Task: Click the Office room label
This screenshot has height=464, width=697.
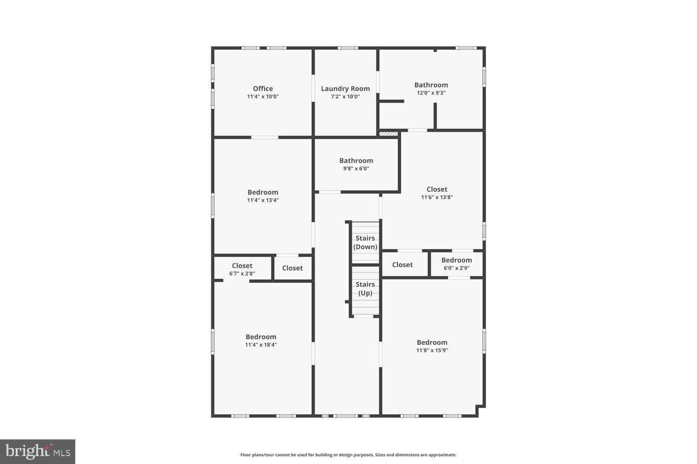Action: point(263,89)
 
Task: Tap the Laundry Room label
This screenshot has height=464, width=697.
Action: point(345,89)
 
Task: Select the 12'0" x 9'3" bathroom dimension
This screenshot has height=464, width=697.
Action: point(431,93)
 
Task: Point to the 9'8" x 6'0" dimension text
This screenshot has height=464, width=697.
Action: point(356,168)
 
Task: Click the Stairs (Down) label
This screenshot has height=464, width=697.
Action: point(365,243)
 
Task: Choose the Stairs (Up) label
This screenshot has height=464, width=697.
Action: point(365,289)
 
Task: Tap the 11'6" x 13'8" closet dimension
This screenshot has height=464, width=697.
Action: point(437,197)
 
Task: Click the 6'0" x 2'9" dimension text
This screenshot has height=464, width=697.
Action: point(456,268)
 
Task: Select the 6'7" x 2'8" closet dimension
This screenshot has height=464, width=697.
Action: point(242,273)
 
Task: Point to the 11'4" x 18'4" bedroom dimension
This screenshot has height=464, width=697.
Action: point(261,345)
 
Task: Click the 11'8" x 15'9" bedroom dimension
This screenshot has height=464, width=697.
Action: point(432,350)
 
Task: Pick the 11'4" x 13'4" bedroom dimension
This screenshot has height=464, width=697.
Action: point(263,200)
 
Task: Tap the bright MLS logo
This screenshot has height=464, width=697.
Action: point(38,451)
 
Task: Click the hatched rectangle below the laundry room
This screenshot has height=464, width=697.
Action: point(389,134)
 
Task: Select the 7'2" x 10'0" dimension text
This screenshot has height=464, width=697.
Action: point(345,97)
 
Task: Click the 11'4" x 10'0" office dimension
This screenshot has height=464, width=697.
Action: point(263,97)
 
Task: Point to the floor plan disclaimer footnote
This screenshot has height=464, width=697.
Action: point(348,455)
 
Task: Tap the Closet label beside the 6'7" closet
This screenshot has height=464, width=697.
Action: point(292,268)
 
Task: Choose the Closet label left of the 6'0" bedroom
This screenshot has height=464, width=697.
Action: point(402,265)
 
